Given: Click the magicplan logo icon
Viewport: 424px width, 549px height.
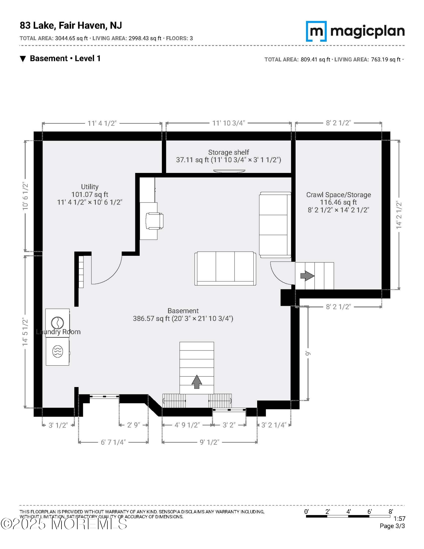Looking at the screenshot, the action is point(316,31).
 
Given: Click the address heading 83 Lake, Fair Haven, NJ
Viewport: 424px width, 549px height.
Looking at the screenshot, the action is point(71,26).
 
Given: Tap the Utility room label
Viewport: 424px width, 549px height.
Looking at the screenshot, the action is point(90,187).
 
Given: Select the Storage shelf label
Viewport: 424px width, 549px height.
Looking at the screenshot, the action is point(229,152).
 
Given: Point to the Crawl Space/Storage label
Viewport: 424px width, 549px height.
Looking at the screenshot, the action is point(339,195).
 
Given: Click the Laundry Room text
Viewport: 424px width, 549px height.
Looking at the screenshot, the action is point(58,332).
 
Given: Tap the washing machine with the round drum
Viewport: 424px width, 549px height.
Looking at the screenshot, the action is point(58,323).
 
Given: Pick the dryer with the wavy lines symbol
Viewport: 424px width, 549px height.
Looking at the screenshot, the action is point(58,351).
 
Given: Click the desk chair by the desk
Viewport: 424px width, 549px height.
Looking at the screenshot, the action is point(154,221).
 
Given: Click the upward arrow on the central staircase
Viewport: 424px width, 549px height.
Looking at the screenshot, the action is point(197,382).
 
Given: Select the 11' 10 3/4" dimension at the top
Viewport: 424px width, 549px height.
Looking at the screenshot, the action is point(229,123).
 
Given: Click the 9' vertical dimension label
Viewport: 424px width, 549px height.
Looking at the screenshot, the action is point(308,353).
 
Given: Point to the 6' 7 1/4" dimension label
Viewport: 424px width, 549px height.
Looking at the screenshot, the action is point(113,442).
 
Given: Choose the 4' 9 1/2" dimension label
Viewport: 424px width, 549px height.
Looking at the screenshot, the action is point(187,425).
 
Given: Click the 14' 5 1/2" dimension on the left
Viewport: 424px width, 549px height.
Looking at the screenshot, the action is point(25,332).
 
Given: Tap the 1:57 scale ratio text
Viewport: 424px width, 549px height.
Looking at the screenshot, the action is point(400,519).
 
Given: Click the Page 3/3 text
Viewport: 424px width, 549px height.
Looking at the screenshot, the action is point(392,526).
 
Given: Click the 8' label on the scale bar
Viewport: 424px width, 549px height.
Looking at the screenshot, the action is point(391,511).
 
